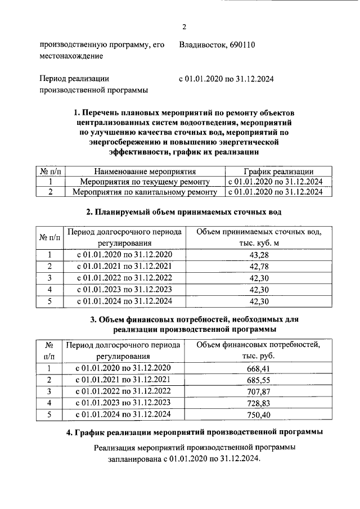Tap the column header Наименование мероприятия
pyautogui.click(x=145, y=172)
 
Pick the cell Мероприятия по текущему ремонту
pyautogui.click(x=145, y=182)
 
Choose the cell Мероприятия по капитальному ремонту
pyautogui.click(x=145, y=192)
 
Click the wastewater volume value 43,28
pyautogui.click(x=259, y=255)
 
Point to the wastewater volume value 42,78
pyautogui.click(x=259, y=266)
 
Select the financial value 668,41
pyautogui.click(x=259, y=368)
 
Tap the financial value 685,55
pyautogui.click(x=259, y=380)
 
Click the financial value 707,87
pyautogui.click(x=259, y=391)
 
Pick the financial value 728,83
pyautogui.click(x=259, y=403)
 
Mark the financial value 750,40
pyautogui.click(x=259, y=415)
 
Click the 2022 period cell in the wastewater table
pyautogui.click(x=124, y=278)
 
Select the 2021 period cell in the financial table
pyautogui.click(x=124, y=380)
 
